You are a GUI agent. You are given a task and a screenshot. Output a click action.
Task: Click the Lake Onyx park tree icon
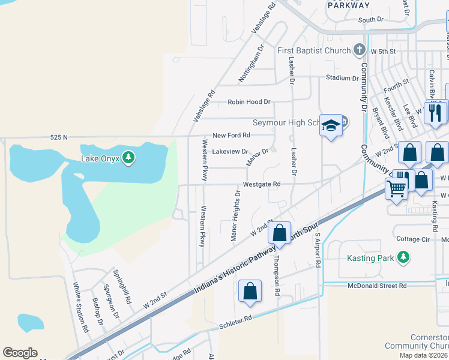coord(128,158)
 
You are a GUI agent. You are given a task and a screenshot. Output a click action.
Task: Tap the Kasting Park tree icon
coord(404,257)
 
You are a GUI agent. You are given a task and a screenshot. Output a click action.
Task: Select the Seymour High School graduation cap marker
coord(330,125)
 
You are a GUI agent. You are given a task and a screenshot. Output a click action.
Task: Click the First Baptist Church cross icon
coord(360,50)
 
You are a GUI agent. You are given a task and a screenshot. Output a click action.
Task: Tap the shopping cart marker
coord(397,188)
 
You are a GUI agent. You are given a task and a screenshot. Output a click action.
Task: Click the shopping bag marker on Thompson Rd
coord(279,232)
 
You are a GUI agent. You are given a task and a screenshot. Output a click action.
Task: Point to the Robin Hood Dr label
coord(249,103)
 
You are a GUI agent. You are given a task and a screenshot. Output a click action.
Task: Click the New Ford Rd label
coord(231,136)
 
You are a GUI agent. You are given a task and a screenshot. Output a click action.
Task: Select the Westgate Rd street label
coord(261,184)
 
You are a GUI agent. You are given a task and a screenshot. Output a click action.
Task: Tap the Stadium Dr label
coord(342,78)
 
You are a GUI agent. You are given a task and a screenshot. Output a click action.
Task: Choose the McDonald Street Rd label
coord(378,286)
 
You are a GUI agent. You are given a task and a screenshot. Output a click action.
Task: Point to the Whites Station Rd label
coord(80,308)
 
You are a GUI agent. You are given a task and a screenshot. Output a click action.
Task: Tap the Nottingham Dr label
coord(252,64)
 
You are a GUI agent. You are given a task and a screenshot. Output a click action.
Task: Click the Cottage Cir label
coord(414,239)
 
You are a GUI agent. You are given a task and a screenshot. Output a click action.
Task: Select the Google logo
coord(20,353)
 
